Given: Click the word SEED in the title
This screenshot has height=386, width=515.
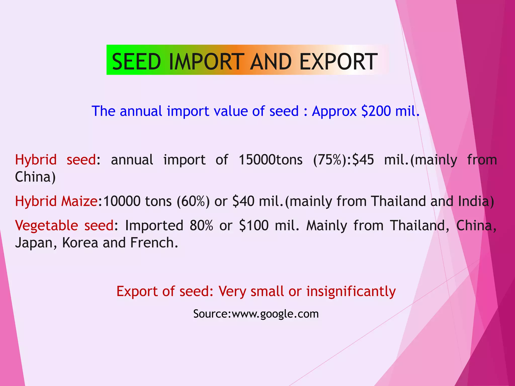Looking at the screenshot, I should (x=136, y=62).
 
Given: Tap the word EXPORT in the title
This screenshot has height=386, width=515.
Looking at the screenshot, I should (x=338, y=62).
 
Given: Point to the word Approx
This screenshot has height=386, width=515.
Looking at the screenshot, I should (x=334, y=111).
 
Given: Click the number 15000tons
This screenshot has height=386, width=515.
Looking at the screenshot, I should (x=271, y=160).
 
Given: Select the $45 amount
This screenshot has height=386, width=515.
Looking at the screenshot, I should (x=363, y=160).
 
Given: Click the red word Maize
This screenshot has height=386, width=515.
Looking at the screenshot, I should (x=79, y=201).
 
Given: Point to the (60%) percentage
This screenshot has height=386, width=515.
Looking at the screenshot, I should (x=193, y=201).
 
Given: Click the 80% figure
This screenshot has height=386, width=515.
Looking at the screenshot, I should (x=201, y=225).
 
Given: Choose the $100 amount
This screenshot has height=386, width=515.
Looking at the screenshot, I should (x=254, y=225).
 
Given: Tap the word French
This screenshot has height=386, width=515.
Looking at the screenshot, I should (x=154, y=243).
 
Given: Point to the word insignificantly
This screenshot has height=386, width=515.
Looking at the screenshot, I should (x=351, y=292).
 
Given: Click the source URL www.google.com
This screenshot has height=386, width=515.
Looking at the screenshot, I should (x=275, y=314).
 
